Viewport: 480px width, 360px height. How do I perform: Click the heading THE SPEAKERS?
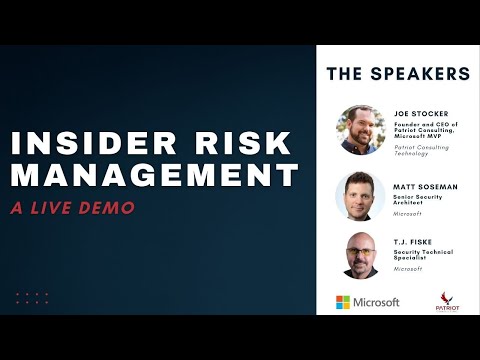tap(398, 73)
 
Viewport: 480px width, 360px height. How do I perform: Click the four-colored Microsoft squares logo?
tap(343, 302)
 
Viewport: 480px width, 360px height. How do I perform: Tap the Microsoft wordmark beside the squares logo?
tap(377, 302)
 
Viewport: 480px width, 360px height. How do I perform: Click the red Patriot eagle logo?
tap(449, 301)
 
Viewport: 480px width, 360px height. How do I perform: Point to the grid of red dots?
tap(32, 298)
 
